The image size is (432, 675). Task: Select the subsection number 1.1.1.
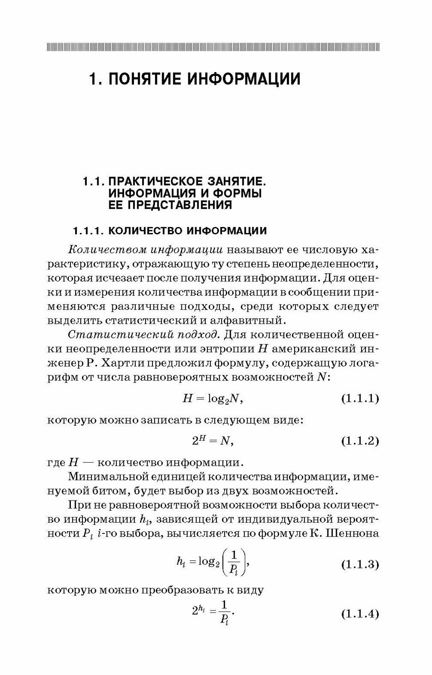(87, 231)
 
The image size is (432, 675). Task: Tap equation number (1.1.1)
(360, 399)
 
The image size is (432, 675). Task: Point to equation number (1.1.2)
(360, 441)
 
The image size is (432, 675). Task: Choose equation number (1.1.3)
(360, 565)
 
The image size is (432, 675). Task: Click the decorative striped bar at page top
(213, 47)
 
